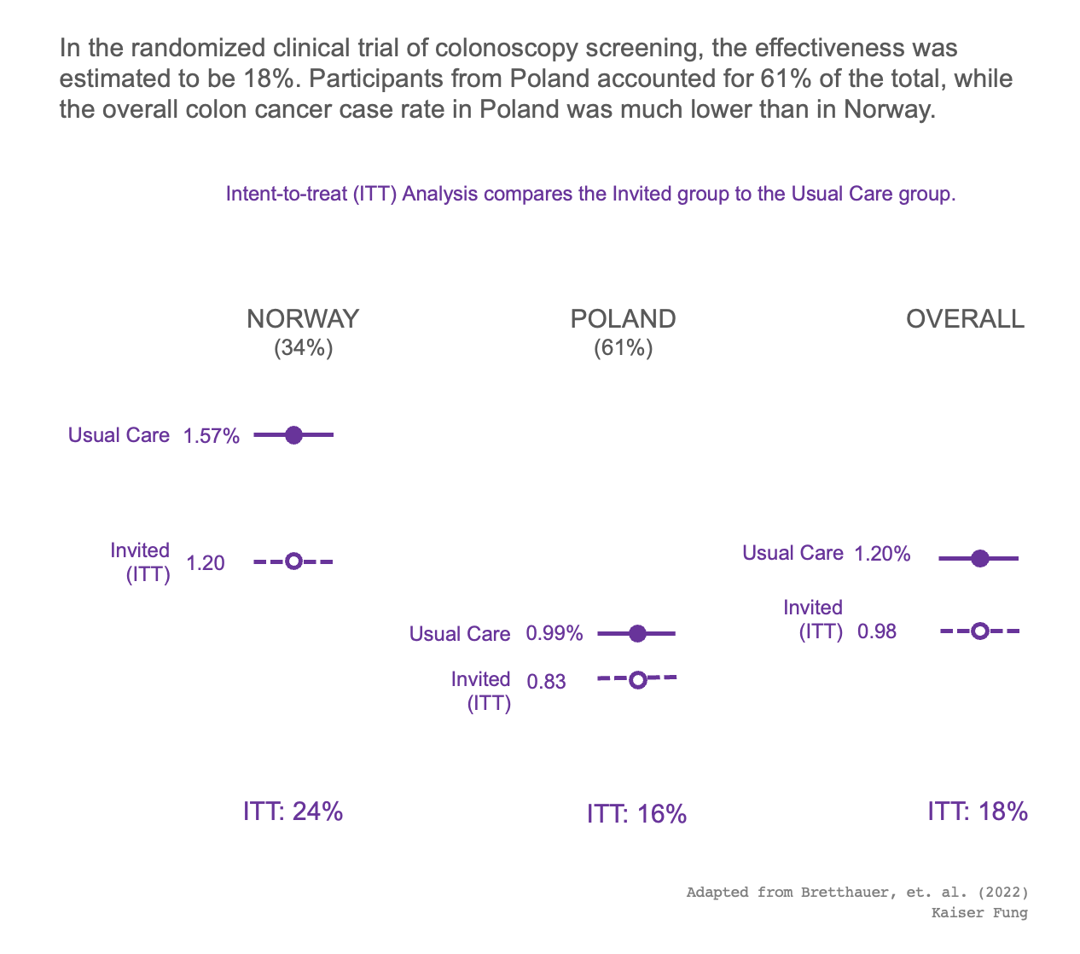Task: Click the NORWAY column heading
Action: tap(303, 319)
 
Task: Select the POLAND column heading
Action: tap(623, 319)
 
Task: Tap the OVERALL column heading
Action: tap(965, 319)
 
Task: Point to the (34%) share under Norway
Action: tap(303, 348)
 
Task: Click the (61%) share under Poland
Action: tap(623, 348)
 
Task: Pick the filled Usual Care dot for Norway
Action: tap(293, 435)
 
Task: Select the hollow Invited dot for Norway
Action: tap(293, 561)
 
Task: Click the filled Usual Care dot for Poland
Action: tap(636, 633)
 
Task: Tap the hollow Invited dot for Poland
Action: tap(636, 679)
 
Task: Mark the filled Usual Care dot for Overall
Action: tap(979, 559)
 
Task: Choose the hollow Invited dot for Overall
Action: tap(979, 631)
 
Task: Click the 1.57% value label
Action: tap(212, 436)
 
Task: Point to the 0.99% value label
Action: tap(555, 634)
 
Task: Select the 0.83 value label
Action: tap(546, 682)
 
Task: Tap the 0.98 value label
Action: tap(877, 632)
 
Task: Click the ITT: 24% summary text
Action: tap(293, 811)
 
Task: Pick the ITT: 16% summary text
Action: tap(636, 815)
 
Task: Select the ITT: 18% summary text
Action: tap(978, 811)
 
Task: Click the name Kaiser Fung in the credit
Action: tap(979, 913)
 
